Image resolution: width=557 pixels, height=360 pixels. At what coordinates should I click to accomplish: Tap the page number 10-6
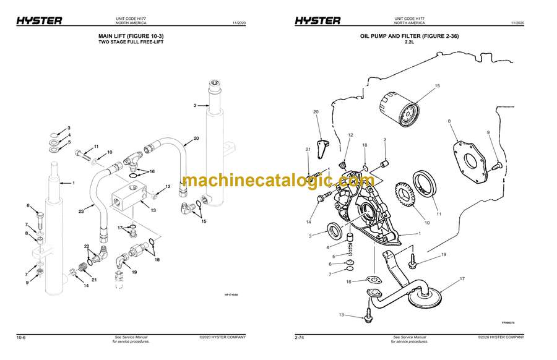click(x=20, y=337)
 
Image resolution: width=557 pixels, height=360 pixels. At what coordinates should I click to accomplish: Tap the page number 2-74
click(x=300, y=337)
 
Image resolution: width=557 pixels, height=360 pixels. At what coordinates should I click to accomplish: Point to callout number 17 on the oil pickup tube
click(x=462, y=279)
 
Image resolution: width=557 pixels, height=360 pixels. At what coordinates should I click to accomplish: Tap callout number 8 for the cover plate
click(x=449, y=121)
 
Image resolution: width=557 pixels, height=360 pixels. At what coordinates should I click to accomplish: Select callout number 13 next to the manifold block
click(x=153, y=210)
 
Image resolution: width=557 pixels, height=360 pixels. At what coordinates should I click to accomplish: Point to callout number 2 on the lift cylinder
click(x=195, y=106)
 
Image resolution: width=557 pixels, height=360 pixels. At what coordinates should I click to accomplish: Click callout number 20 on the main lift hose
click(x=196, y=138)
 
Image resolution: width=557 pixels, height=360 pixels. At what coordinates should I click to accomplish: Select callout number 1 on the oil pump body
click(x=419, y=233)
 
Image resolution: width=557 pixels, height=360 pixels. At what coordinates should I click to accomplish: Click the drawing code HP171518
click(x=231, y=295)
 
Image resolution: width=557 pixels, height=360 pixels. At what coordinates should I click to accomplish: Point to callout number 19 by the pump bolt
click(x=444, y=255)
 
